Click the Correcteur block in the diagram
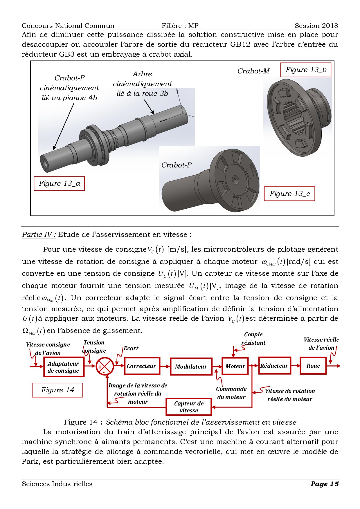coord(142,366)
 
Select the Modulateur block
coord(191,367)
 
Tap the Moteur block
coord(235,366)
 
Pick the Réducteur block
coord(274,366)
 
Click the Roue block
coord(313,366)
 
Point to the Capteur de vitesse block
coord(189,407)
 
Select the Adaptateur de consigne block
coord(64,367)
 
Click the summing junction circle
coord(105,366)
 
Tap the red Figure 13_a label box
coord(59,183)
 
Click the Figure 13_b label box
coord(306,70)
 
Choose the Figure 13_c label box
coord(289,194)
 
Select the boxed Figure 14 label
coord(57,390)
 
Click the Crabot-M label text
coord(253,71)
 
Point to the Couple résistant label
coord(253,339)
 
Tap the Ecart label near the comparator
coord(131,348)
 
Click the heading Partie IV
coord(39,234)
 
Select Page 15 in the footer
coord(324,484)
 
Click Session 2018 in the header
coord(316,26)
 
